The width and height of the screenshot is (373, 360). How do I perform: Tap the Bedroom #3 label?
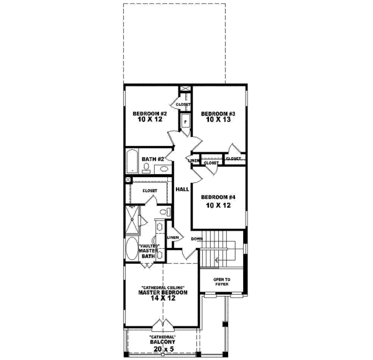coord(218,114)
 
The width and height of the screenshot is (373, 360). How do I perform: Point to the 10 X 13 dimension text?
coord(218,121)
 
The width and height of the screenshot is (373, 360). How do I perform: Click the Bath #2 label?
coord(152,159)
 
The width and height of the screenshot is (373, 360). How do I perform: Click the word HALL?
coord(182,189)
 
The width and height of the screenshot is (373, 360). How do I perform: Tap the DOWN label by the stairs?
coord(197,239)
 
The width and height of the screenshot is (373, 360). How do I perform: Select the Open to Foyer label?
coord(222,281)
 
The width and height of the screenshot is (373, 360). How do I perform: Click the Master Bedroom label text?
coord(162,292)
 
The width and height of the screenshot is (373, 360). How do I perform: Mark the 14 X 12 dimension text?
coord(162,298)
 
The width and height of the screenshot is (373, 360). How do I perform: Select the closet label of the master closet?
coord(150,190)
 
